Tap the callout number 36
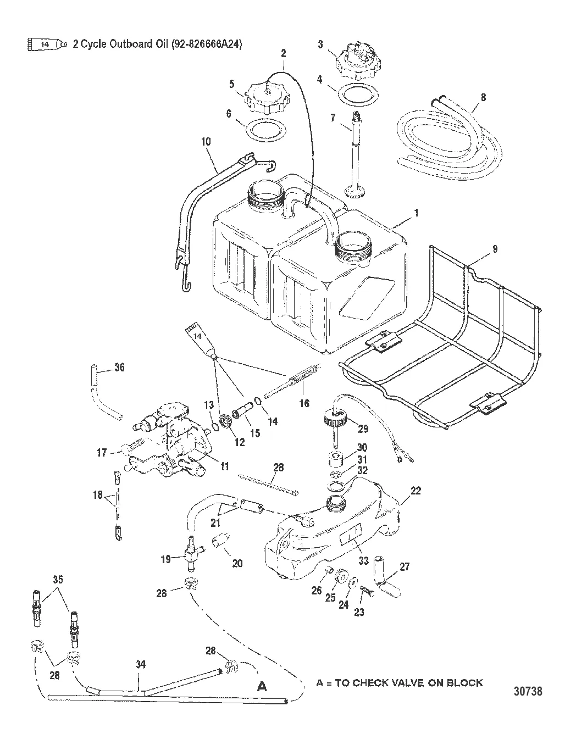click(x=119, y=367)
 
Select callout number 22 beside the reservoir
click(x=416, y=491)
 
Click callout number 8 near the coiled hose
click(x=483, y=97)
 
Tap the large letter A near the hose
click(x=263, y=686)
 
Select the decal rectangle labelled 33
click(x=352, y=533)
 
